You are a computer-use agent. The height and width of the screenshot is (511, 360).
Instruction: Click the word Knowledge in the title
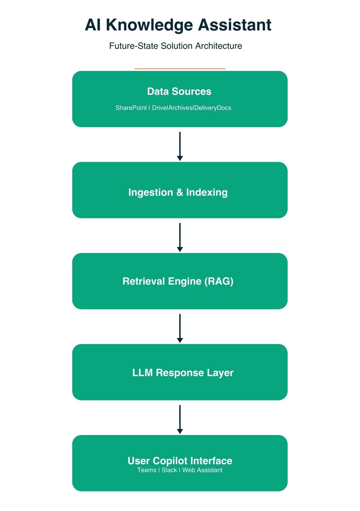point(149,25)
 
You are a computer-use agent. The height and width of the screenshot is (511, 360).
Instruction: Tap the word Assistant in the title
point(235,25)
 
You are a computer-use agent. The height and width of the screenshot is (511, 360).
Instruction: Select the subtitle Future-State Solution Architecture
point(176,46)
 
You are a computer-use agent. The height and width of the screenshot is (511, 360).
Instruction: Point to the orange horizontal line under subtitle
point(180,69)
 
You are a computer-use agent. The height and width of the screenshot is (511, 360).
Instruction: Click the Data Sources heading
point(179,92)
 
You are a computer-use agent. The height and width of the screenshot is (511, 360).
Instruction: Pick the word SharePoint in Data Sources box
point(131,108)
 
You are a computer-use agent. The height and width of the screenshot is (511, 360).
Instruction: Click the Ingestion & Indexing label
point(178,192)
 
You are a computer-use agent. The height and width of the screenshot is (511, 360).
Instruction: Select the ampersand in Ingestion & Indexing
point(180,192)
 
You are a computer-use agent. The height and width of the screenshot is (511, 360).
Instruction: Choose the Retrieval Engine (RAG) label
point(178,281)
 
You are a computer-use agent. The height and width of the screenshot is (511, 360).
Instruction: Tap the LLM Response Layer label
point(183,373)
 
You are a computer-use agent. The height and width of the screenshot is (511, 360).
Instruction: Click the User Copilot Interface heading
point(180,461)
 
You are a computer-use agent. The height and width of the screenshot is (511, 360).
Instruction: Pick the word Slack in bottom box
point(169,470)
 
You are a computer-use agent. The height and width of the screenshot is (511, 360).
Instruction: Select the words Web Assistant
point(202,470)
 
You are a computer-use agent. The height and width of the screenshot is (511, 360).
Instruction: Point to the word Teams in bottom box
point(147,470)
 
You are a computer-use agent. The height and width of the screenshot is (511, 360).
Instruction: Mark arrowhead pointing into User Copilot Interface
point(180,431)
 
